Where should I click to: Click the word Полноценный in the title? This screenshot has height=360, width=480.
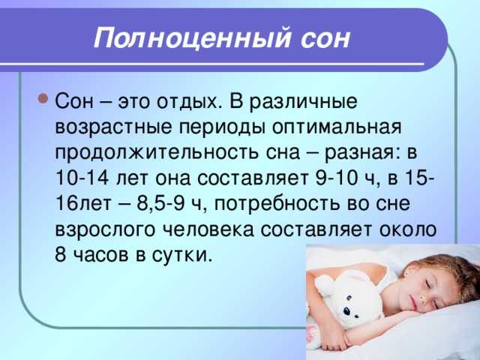coord(192,38)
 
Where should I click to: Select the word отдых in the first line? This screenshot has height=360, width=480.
coord(189,102)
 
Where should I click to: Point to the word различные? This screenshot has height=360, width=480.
coord(303,102)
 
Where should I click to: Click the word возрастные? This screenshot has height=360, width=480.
coord(113,127)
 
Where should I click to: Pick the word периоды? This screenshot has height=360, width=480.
coord(222,127)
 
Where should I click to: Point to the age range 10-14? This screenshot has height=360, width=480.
coord(82,177)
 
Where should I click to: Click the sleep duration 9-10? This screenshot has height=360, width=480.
coord(336,177)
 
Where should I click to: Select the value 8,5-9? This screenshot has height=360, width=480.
coord(160,203)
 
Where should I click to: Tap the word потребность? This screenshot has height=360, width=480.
coord(277,204)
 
